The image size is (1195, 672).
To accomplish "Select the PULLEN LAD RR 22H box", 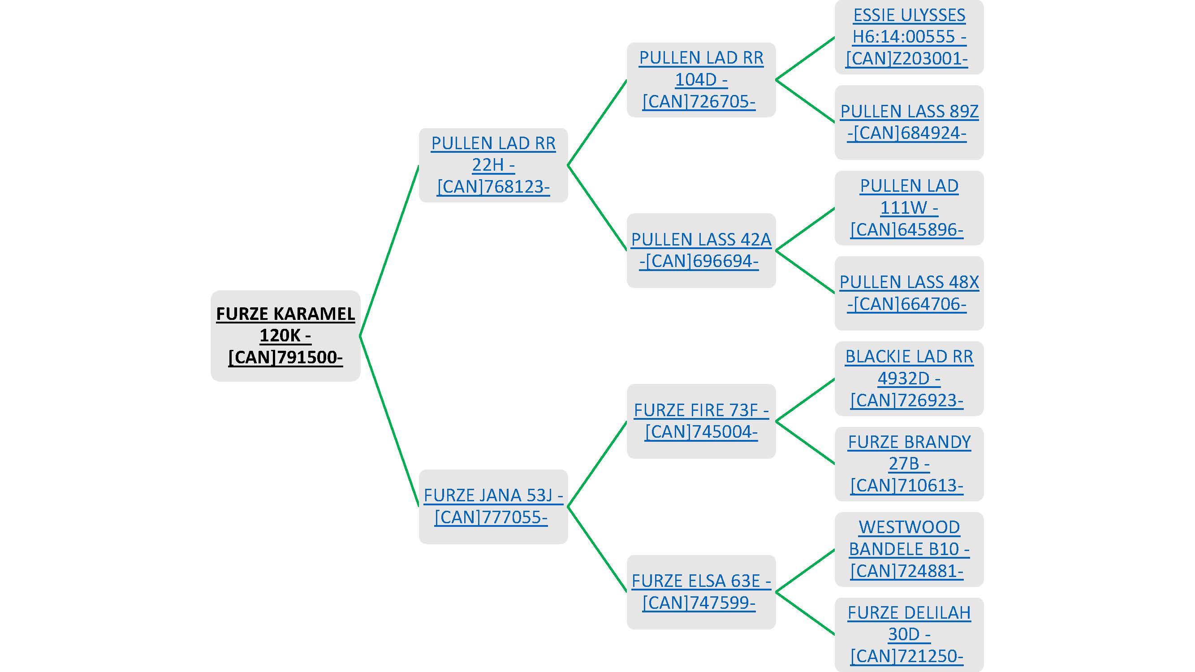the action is point(493,165).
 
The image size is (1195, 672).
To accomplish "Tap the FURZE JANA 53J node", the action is point(493,506).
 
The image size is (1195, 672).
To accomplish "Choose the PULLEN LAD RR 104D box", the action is point(701,80).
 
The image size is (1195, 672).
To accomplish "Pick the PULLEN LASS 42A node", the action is point(701,250).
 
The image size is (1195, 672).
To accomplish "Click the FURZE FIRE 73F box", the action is point(701,421).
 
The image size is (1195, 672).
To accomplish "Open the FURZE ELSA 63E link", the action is point(701,592).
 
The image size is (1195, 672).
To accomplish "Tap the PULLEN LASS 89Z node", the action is point(909,122).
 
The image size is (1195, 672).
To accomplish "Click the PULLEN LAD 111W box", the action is point(909,208).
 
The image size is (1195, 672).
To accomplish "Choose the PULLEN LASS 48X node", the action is point(909,293).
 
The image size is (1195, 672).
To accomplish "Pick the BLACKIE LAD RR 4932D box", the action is point(909,379).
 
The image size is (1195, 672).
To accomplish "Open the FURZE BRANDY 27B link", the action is point(909,464).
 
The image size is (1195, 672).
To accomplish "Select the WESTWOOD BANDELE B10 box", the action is point(909,549).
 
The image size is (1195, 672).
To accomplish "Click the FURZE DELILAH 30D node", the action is point(909,634).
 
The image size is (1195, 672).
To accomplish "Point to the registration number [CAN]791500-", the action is point(285,358).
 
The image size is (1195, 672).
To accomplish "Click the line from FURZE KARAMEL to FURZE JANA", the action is point(390,421).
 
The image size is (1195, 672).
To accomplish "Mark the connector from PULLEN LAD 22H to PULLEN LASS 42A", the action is point(597,208).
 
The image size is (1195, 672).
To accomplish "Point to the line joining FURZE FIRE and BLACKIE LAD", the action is point(805,400).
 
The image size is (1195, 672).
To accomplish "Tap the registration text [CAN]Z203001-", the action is point(907,59).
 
